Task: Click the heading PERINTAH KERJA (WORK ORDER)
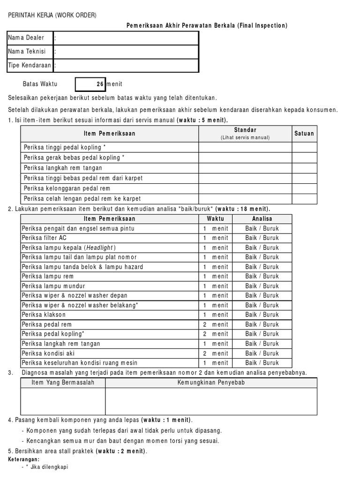coord(52,15)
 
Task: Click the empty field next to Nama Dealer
coord(127,38)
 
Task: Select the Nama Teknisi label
coord(27,52)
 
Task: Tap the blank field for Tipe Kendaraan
coord(127,66)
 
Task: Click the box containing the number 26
coord(90,84)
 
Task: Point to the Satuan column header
coord(304,134)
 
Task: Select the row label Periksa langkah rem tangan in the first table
coord(63,168)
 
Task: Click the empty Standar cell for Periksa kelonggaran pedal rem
coord(245,188)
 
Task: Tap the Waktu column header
coord(215,219)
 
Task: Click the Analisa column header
coord(262,219)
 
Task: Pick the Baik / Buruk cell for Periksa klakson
coord(262,315)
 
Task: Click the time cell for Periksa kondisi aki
coord(215,353)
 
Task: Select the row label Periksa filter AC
coord(44,238)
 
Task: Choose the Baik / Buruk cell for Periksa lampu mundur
coord(262,286)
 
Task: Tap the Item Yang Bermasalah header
coord(63,383)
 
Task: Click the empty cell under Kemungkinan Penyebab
coord(211,401)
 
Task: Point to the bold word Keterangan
coord(24,459)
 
